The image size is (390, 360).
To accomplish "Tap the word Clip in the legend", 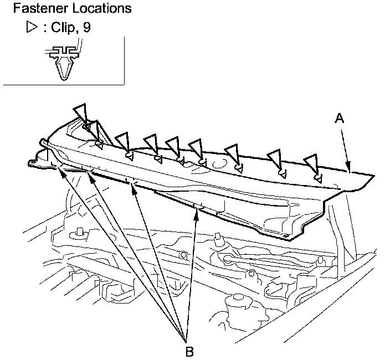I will tap(63, 28).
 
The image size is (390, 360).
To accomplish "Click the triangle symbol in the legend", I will tap(31, 28).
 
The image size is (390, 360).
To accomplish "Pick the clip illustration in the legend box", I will tap(61, 61).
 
